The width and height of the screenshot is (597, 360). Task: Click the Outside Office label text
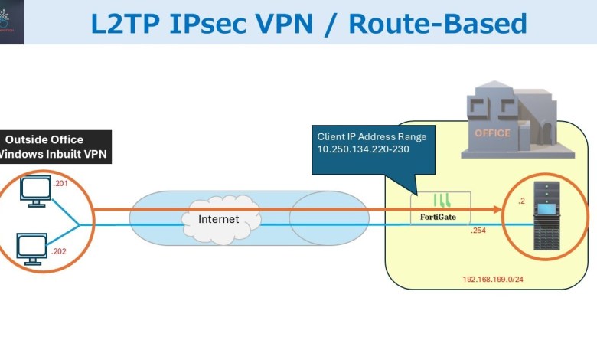pos(44,139)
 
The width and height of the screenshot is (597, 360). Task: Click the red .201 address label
pos(60,183)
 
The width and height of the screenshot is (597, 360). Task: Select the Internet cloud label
pos(218,219)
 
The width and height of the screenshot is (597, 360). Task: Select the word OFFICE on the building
pos(492,133)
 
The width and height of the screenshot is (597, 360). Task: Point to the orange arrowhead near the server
pos(497,208)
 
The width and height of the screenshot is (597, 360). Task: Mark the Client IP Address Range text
pos(371,136)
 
